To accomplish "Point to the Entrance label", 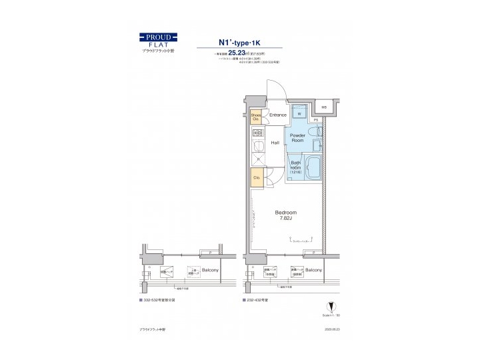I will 277,115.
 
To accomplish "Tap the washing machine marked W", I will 299,113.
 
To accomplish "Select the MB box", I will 324,107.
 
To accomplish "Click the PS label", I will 316,120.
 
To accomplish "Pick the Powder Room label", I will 297,137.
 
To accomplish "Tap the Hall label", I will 275,143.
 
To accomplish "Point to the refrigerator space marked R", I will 257,160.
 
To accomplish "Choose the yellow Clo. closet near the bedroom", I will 256,178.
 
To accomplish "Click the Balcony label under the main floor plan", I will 314,270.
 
